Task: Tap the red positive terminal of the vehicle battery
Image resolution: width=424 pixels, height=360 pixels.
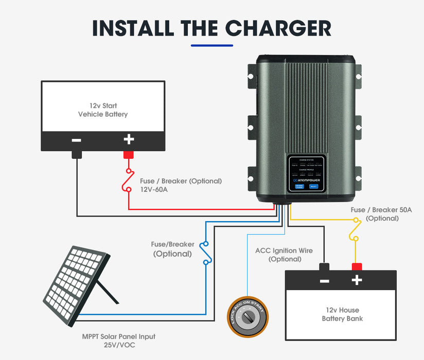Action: pyautogui.click(x=129, y=154)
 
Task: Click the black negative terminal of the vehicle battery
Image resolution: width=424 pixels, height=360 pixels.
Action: pyautogui.click(x=77, y=154)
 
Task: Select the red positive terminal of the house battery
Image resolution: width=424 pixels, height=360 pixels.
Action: pyautogui.click(x=356, y=266)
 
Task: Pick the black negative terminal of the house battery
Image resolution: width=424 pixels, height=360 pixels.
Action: pyautogui.click(x=324, y=266)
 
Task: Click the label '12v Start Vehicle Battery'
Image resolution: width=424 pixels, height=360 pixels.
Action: pyautogui.click(x=103, y=110)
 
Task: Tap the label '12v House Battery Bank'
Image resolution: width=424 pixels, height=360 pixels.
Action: pyautogui.click(x=342, y=314)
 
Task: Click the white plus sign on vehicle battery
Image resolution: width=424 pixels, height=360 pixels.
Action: pyautogui.click(x=129, y=139)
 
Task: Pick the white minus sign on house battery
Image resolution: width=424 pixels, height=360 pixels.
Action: pyautogui.click(x=324, y=281)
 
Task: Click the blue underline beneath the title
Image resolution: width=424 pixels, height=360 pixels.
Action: pyautogui.click(x=211, y=45)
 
